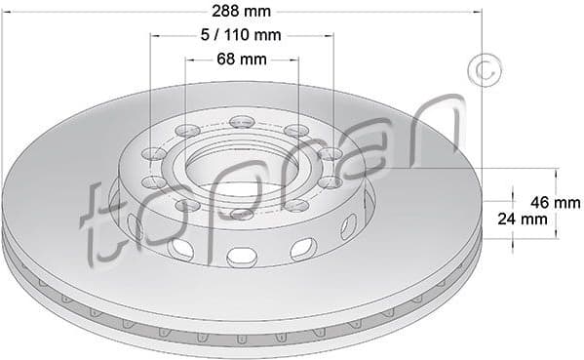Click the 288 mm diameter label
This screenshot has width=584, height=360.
(241, 12)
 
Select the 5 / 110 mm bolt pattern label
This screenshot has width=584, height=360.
(241, 36)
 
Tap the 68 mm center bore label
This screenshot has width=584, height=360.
(241, 60)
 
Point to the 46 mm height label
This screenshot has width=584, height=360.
(554, 202)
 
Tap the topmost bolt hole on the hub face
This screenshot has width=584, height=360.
(242, 122)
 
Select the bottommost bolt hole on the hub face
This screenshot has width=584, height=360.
(242, 214)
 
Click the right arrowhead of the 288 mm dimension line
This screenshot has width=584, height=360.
(478, 12)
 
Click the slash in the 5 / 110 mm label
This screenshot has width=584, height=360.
(215, 36)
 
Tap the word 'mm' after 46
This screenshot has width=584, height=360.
(566, 202)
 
